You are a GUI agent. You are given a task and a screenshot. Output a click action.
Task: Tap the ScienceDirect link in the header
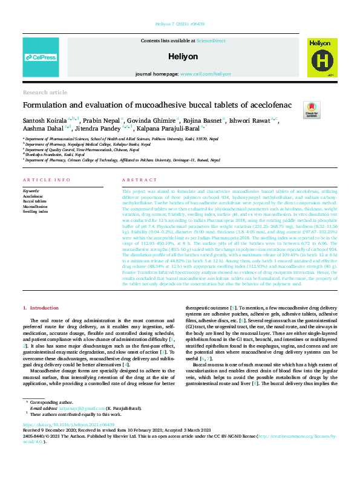pyautogui.click(x=211, y=40)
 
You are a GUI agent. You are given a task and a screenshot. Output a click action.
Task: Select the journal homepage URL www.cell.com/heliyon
pyautogui.click(x=205, y=74)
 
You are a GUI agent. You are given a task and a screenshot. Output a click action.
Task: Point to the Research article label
pyautogui.click(x=45, y=92)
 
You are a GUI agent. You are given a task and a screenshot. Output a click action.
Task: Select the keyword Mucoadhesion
pyautogui.click(x=35, y=206)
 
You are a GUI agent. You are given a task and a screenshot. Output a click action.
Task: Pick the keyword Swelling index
pyautogui.click(x=35, y=212)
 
